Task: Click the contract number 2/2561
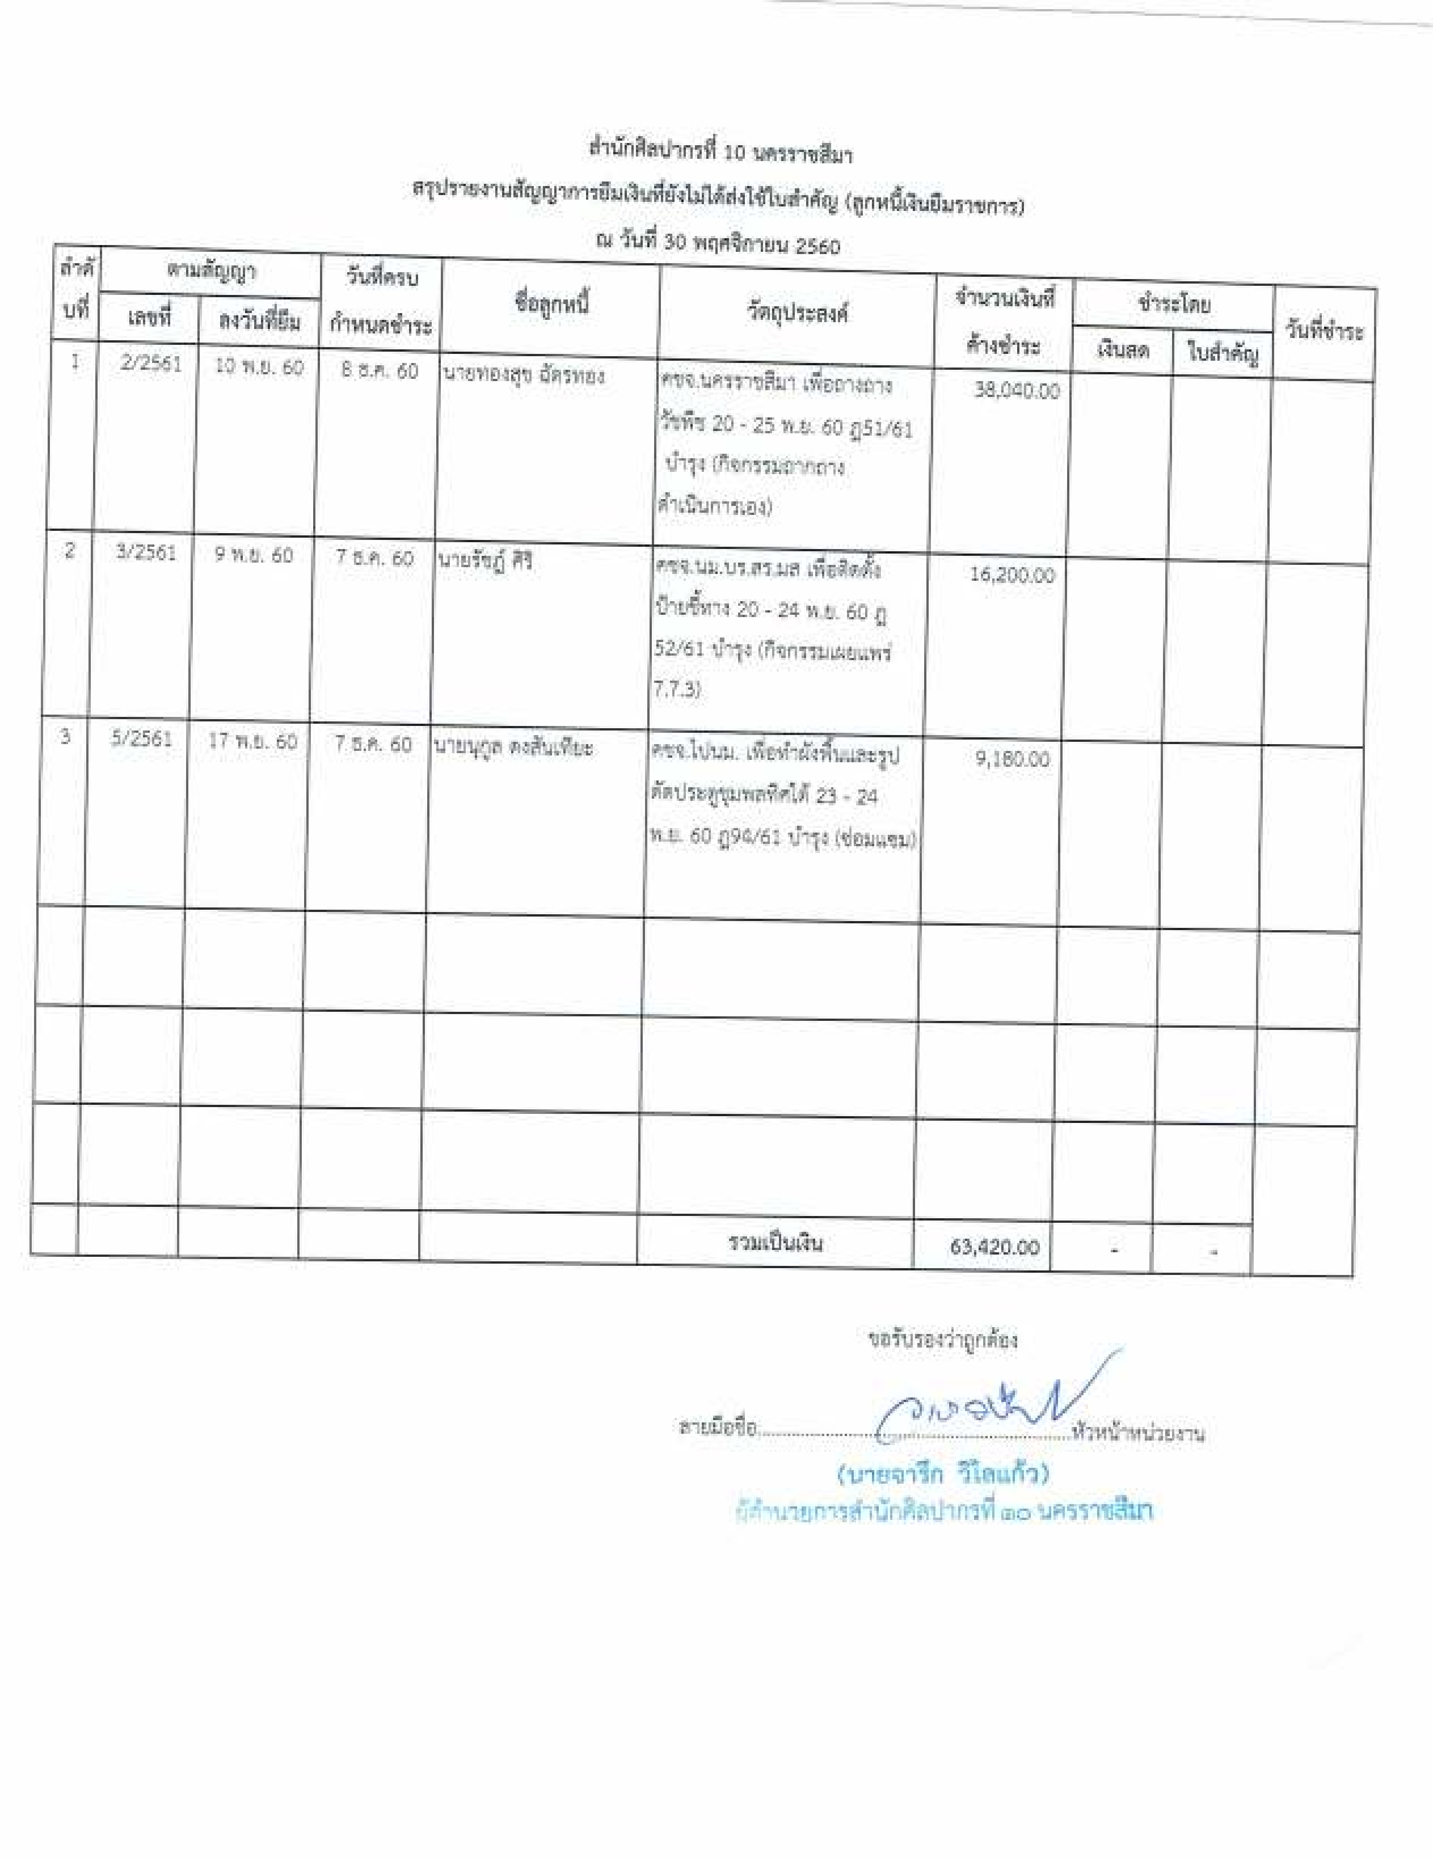point(151,364)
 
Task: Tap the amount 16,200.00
point(1012,575)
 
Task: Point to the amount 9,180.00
point(1012,759)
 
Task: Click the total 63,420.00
point(994,1247)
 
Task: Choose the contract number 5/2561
point(141,738)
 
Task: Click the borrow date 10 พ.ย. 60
point(259,366)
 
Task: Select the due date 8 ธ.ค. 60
point(380,371)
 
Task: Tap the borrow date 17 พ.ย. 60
point(253,741)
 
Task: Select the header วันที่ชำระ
point(1324,331)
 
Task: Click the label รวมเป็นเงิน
point(775,1243)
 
